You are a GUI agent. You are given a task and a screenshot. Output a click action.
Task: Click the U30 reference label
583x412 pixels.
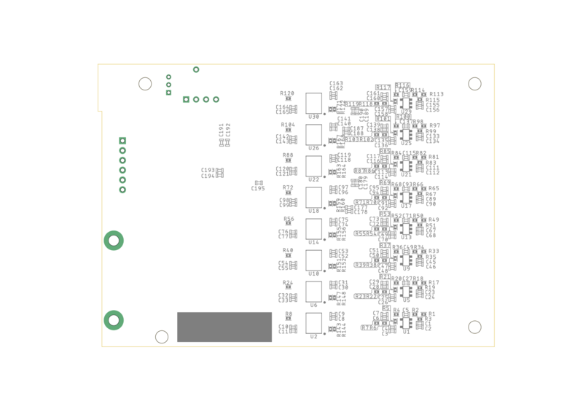point(313,116)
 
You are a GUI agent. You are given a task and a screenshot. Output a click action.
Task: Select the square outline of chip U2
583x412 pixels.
point(313,323)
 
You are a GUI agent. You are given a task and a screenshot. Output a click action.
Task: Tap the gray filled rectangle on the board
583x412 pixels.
point(224,327)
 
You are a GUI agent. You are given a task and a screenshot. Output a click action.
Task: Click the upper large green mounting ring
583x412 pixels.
point(113,240)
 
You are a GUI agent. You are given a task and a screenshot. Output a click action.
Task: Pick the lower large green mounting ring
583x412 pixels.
point(113,320)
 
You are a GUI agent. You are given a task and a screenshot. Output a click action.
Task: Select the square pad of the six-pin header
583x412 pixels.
point(102,141)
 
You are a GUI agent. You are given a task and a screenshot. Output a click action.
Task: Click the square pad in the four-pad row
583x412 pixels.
point(186,99)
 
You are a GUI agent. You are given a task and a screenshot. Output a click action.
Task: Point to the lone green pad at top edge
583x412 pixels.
point(196,70)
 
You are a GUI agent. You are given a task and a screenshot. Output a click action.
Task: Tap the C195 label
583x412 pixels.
point(258,189)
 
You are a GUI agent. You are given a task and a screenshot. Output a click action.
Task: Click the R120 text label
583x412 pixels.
point(288,93)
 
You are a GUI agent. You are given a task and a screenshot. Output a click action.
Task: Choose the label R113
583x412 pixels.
point(437,94)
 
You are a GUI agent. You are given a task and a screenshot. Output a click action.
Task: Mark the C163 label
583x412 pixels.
point(336,83)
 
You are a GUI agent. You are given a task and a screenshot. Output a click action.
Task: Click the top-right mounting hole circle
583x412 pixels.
point(474,84)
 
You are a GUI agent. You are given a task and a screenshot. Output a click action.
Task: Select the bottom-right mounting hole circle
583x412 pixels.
point(474,327)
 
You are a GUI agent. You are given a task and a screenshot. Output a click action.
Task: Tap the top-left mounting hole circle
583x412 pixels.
point(145,84)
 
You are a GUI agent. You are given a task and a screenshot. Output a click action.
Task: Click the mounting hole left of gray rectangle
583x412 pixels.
point(162,336)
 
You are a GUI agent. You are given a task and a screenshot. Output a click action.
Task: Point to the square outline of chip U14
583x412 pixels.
point(313,229)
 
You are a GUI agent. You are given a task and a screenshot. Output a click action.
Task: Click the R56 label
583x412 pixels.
point(289,219)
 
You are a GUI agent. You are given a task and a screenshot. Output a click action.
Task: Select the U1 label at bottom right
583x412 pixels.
point(406,332)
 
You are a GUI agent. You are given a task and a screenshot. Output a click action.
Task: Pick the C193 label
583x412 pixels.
point(208,170)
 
